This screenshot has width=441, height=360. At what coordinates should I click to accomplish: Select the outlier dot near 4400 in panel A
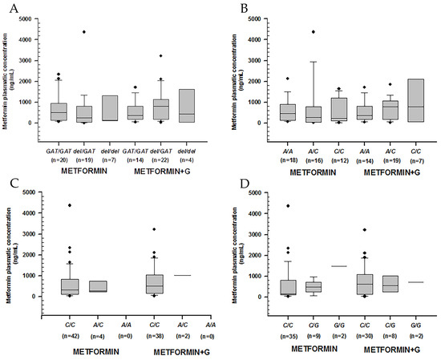click(x=82, y=32)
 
